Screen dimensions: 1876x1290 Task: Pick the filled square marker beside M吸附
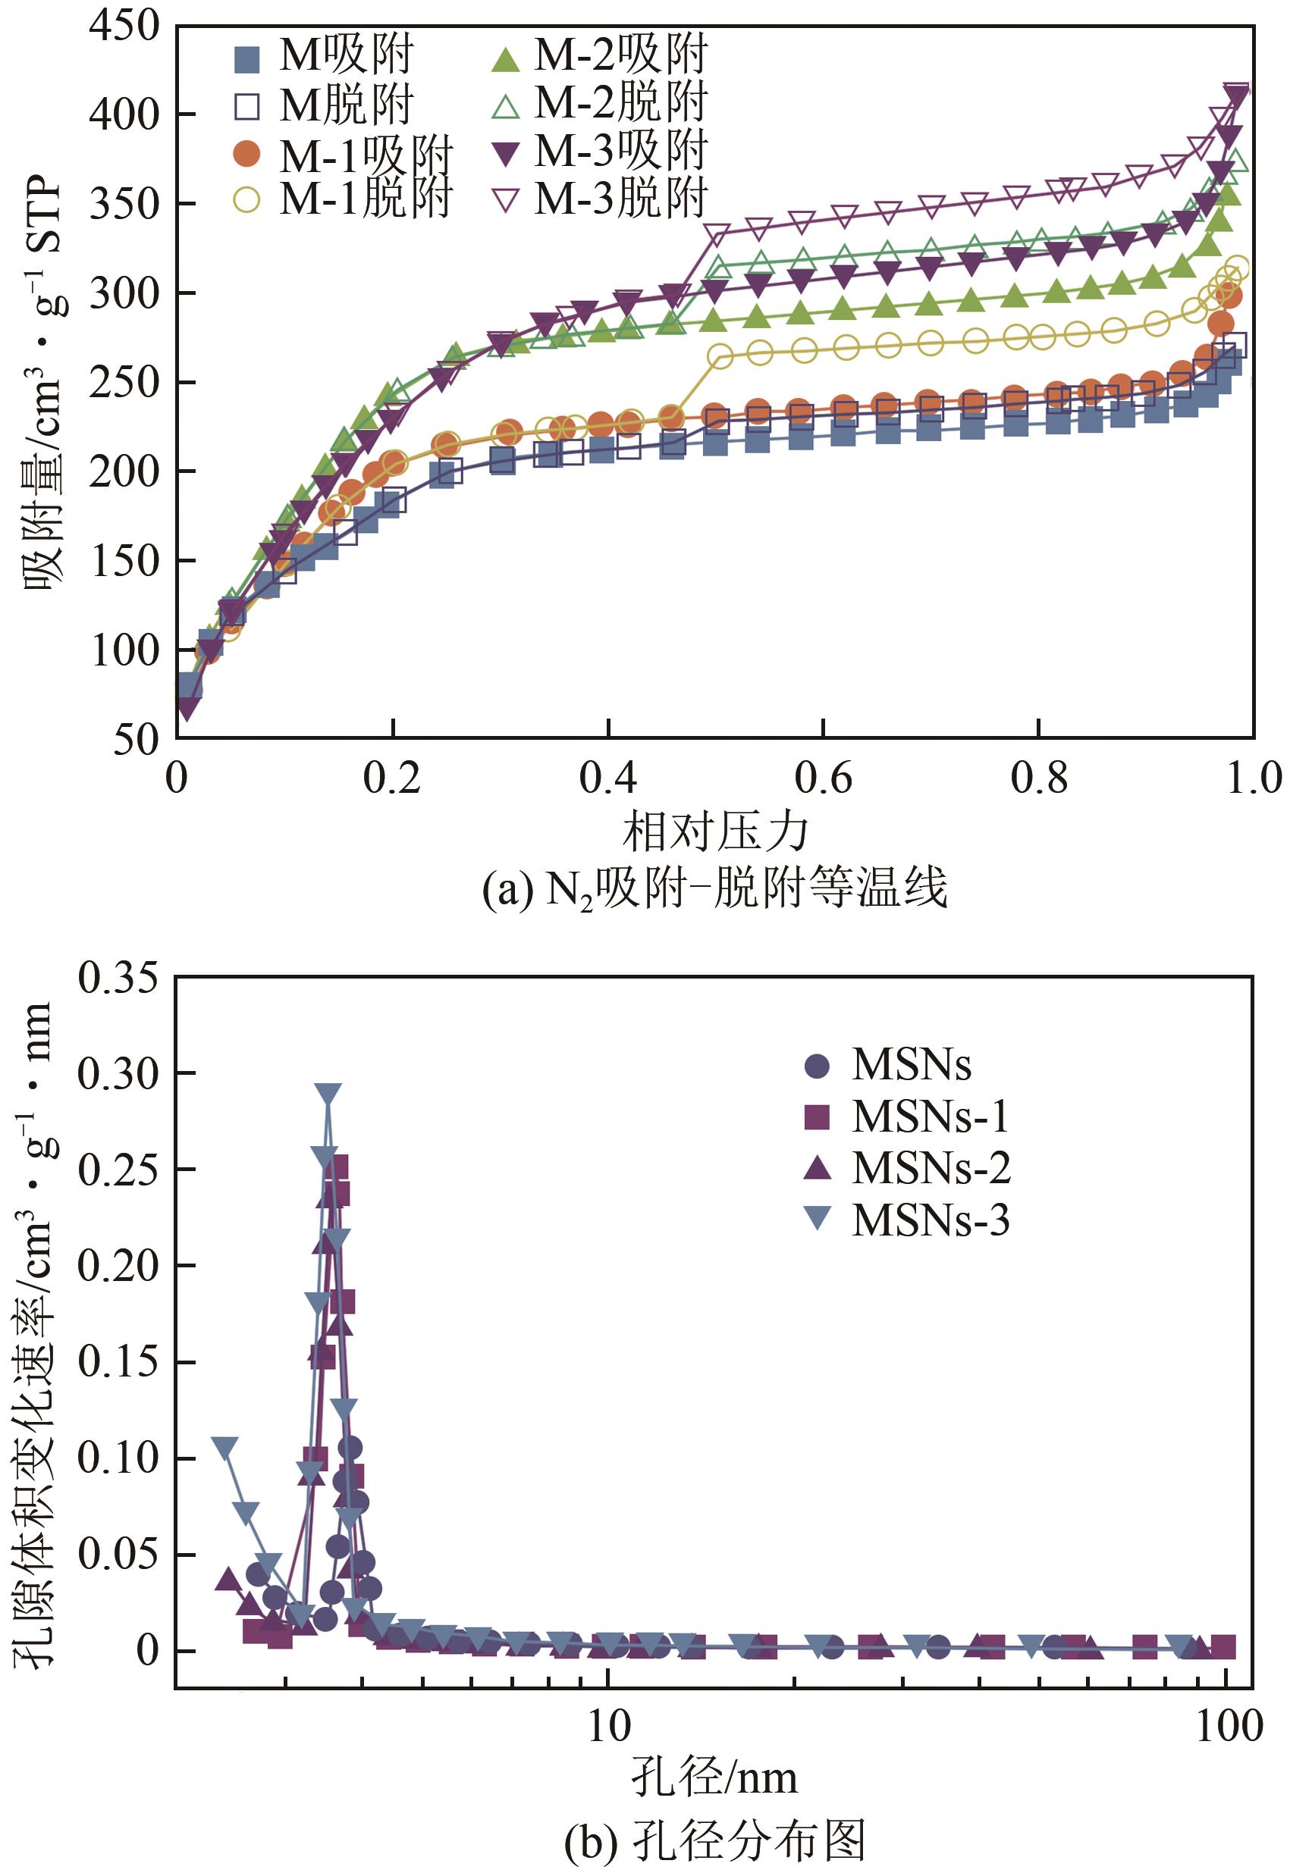coord(246,59)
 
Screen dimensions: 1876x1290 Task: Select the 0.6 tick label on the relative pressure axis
coord(822,777)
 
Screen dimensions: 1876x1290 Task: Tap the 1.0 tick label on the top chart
coord(1253,777)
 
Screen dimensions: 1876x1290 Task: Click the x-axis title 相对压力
coord(714,832)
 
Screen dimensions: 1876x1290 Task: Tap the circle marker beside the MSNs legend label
coord(818,1066)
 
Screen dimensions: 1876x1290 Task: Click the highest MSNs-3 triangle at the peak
coord(328,1094)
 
